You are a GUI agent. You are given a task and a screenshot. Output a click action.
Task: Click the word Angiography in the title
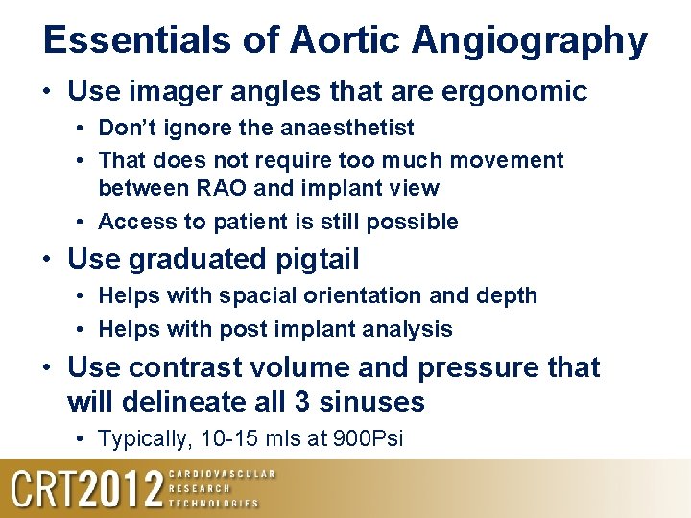click(x=530, y=40)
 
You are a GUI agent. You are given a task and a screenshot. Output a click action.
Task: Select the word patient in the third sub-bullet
click(x=230, y=222)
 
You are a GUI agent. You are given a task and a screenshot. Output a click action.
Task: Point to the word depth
click(x=506, y=295)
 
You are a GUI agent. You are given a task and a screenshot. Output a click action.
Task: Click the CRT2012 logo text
click(x=86, y=489)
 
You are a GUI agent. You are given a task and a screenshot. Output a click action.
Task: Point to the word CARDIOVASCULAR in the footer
click(x=222, y=474)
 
